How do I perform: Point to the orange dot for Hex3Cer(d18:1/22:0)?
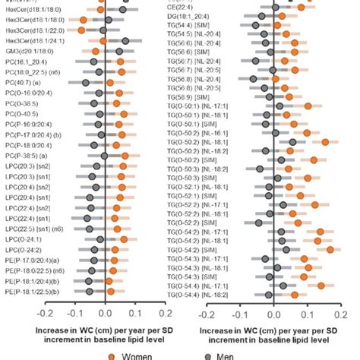point(82,30)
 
